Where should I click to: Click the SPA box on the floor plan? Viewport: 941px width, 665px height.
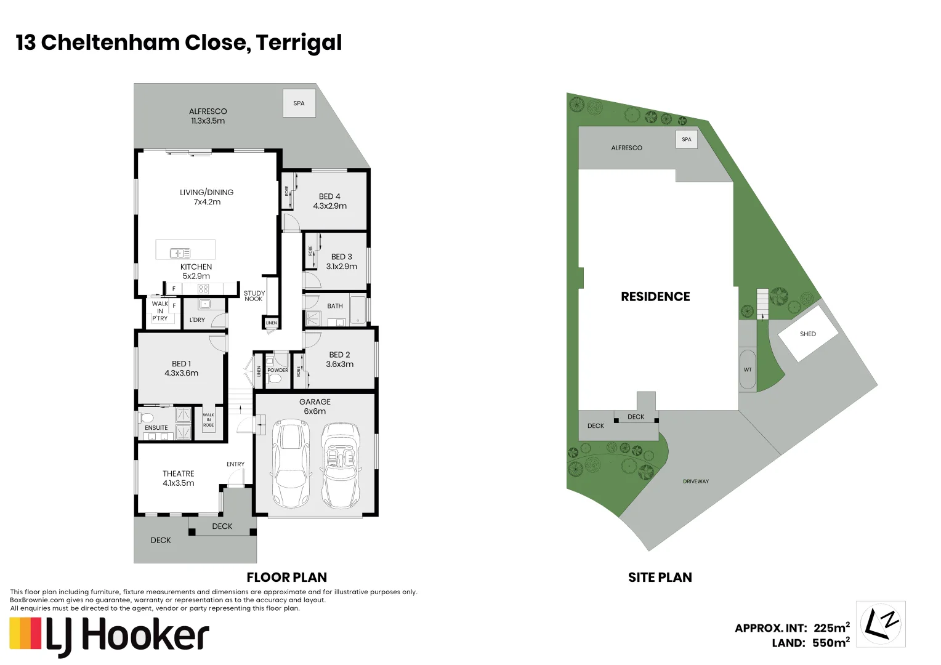coord(299,103)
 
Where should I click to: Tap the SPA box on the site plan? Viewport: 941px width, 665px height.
coord(686,139)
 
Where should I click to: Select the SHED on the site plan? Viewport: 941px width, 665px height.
coord(808,334)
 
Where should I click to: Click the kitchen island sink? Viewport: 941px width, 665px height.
coord(180,253)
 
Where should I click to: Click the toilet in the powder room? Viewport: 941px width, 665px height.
coord(275,378)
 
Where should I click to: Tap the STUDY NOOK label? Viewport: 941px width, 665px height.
coord(254,296)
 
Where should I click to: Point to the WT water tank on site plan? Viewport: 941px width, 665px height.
coord(748,369)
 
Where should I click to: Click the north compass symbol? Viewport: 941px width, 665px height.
coord(881,624)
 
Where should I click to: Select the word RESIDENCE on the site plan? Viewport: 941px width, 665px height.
coord(655,297)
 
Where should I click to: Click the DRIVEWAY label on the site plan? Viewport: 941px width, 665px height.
coord(695,482)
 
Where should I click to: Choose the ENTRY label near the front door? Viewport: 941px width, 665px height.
coord(235,464)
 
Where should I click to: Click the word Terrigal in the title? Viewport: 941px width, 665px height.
coord(299,42)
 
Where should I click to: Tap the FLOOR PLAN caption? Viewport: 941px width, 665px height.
coord(286,578)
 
